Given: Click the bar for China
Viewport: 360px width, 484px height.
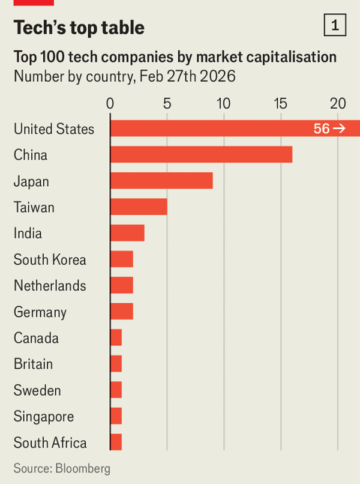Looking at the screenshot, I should [201, 154].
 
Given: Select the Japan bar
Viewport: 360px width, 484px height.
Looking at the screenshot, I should [161, 181].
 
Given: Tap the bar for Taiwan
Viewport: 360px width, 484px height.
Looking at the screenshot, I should [139, 207].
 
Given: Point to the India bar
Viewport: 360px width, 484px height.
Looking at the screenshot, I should [127, 232].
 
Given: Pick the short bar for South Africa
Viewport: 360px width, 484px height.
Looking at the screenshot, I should [116, 442].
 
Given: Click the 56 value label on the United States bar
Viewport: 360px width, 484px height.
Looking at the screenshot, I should [322, 129].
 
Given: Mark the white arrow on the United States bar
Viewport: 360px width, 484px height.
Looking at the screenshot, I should [339, 129].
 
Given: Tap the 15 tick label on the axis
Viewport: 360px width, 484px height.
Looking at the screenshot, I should [280, 103].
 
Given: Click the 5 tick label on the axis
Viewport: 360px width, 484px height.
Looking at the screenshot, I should [167, 103].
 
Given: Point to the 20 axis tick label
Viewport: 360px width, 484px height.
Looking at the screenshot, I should [338, 103].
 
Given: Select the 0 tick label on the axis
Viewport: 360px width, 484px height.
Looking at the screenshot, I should [110, 103].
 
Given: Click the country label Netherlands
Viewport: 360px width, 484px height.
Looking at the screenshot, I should [50, 285].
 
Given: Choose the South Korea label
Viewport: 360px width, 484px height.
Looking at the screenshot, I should [50, 259].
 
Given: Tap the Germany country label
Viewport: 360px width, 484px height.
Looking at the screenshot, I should [40, 312].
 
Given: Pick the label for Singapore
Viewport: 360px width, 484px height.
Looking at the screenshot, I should [44, 416].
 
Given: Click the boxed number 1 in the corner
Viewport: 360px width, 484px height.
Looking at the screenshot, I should [334, 26].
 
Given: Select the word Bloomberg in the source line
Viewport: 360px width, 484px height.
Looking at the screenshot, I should [83, 468].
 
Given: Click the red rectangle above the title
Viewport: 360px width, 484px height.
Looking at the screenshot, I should [34, 2].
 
